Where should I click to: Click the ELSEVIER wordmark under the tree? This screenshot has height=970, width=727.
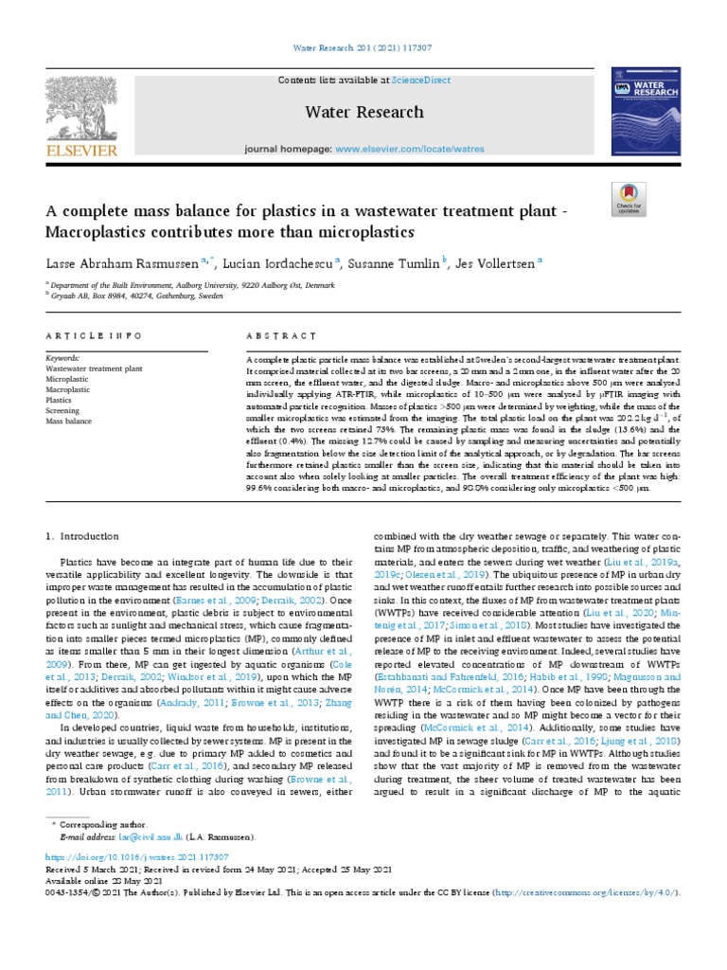tap(83, 150)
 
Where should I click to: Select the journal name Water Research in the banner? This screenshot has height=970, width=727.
tap(363, 113)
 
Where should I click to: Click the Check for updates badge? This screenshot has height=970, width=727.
tap(629, 201)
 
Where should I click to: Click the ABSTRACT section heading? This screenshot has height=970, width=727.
tap(281, 336)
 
